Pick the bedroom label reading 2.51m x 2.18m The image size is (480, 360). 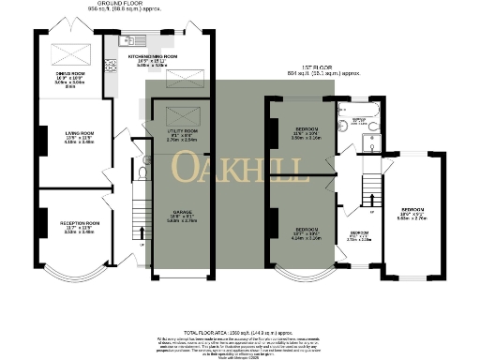[360, 234]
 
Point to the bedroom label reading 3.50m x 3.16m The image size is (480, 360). [305, 133]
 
